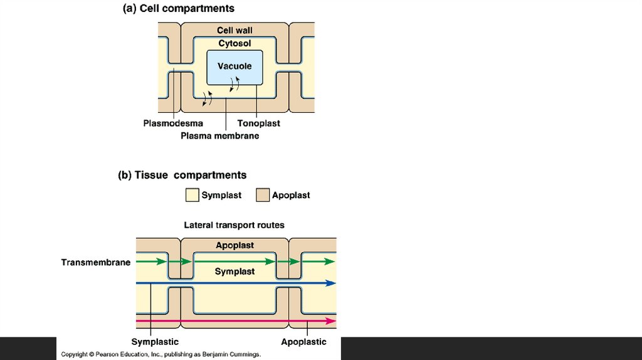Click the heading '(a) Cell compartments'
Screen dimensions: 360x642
(x=178, y=8)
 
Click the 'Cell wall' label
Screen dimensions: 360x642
(x=234, y=30)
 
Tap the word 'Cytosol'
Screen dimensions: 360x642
(x=234, y=43)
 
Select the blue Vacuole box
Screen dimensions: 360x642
(x=234, y=67)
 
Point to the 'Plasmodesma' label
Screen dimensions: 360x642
(x=173, y=124)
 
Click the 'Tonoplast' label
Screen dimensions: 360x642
(x=258, y=124)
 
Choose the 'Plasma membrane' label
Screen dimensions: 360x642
(x=219, y=135)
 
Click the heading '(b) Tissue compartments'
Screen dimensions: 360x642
(x=182, y=175)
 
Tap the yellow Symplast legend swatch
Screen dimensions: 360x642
(x=192, y=195)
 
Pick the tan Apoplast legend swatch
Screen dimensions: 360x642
(x=263, y=195)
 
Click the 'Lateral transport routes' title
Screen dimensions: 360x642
(x=234, y=225)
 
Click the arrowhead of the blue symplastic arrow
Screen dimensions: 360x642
(x=331, y=283)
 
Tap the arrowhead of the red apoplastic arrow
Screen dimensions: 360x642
(x=331, y=321)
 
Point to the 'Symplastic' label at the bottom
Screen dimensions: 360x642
(x=155, y=342)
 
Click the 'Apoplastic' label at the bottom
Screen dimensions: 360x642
(x=303, y=342)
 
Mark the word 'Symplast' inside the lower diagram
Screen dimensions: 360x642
(x=234, y=272)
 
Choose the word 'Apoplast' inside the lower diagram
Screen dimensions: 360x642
(x=234, y=245)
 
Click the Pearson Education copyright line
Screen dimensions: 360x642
(x=160, y=354)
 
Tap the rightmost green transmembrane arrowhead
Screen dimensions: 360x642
(x=330, y=262)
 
